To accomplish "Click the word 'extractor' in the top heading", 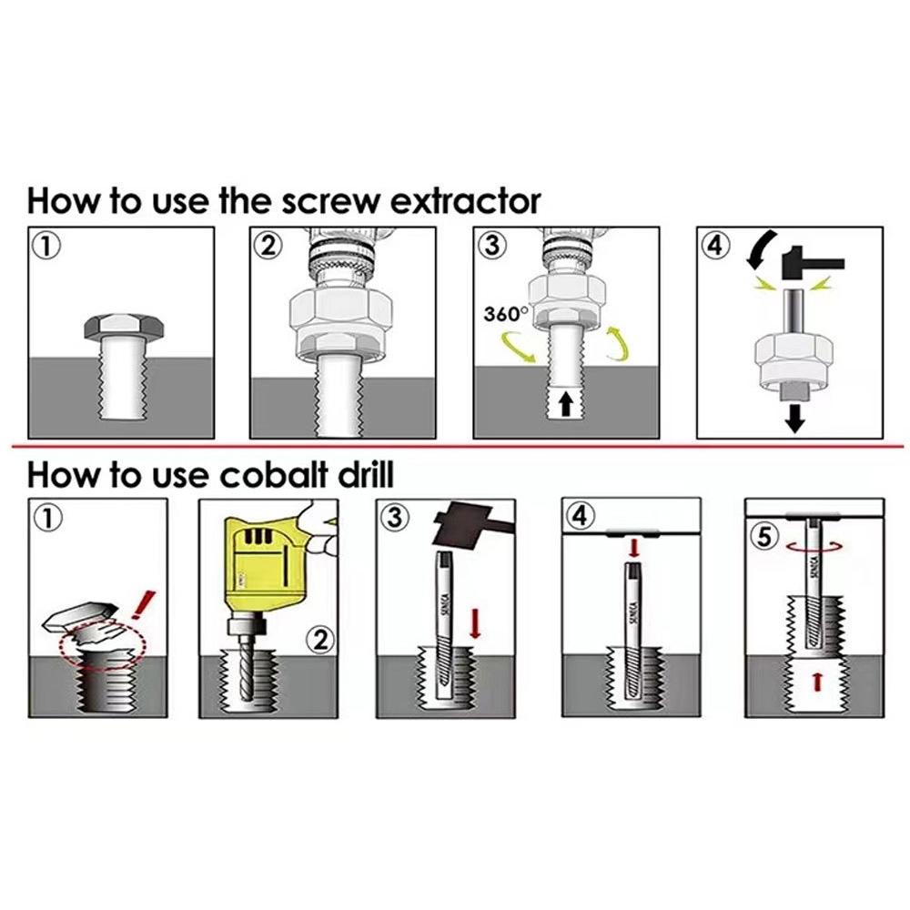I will click(465, 202).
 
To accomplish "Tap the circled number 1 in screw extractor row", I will click(44, 245).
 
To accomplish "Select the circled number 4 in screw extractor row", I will click(717, 245).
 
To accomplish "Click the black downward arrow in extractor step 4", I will click(796, 417).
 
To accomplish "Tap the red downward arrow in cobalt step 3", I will click(474, 624).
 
